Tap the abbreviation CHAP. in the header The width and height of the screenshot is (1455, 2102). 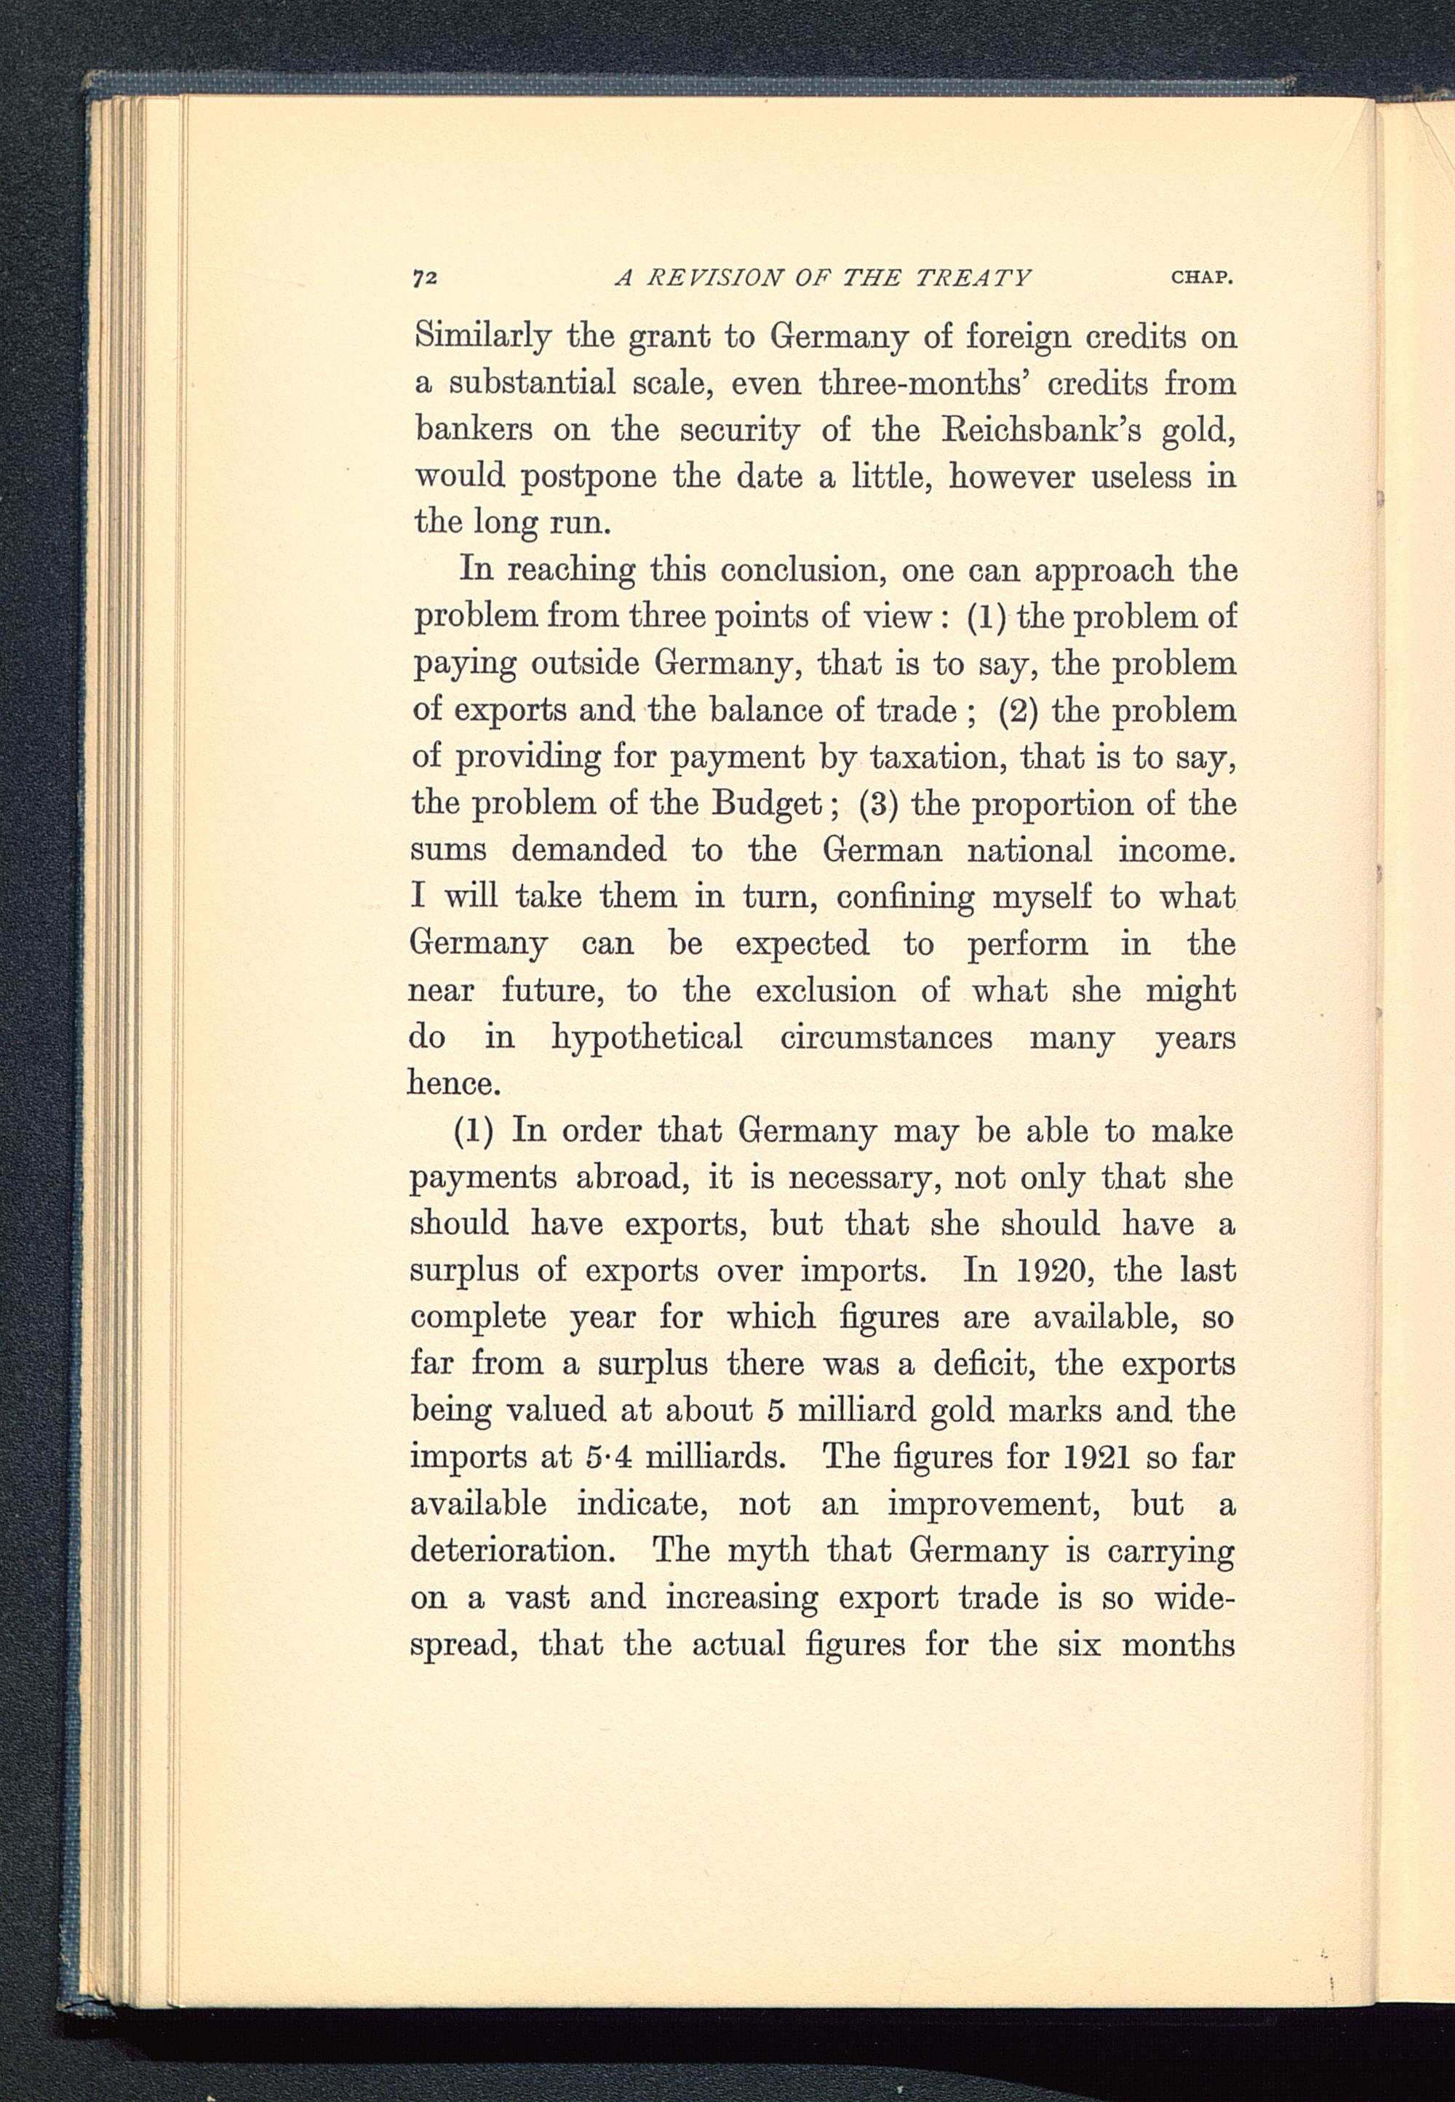(1202, 277)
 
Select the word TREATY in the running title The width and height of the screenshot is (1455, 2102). (973, 277)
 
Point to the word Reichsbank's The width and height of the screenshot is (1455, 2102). (1038, 429)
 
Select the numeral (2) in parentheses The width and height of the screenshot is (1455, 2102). (1016, 710)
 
